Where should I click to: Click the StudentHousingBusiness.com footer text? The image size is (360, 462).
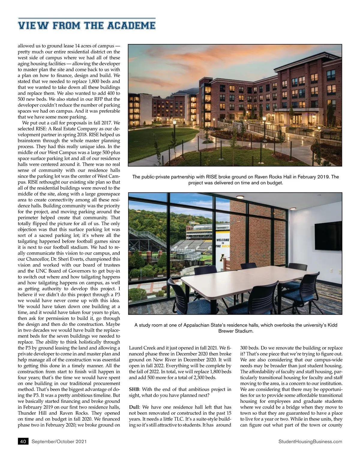point(310,441)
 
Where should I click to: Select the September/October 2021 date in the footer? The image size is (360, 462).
point(59,441)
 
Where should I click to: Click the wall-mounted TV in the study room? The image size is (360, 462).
point(328,236)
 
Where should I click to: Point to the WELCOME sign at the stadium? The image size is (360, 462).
point(223,240)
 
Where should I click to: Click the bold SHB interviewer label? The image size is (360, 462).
point(134,389)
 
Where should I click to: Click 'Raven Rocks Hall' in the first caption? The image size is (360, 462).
point(272,177)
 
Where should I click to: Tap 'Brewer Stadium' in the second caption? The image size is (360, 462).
point(236,331)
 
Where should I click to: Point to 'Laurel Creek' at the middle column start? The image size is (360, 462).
point(142,348)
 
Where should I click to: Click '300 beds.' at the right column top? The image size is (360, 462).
point(250,348)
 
